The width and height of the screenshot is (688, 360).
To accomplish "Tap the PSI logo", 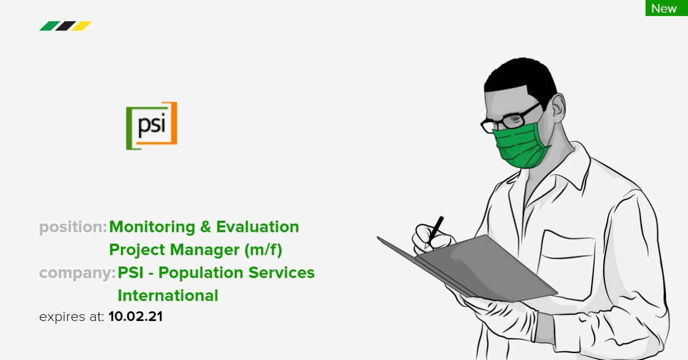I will click(x=151, y=126).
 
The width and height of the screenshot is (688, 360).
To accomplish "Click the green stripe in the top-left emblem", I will click(x=48, y=26).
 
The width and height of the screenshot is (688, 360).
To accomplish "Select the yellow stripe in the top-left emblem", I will click(x=82, y=26).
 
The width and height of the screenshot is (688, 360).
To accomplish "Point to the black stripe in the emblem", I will click(x=65, y=26).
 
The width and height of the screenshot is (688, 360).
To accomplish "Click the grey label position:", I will click(x=73, y=228).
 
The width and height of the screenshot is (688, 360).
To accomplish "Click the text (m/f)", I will click(x=263, y=251).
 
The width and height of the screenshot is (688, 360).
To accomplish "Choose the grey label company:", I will click(x=77, y=273).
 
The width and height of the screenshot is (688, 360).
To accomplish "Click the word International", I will click(x=168, y=296).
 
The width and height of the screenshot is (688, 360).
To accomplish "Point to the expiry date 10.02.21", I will click(x=135, y=316).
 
